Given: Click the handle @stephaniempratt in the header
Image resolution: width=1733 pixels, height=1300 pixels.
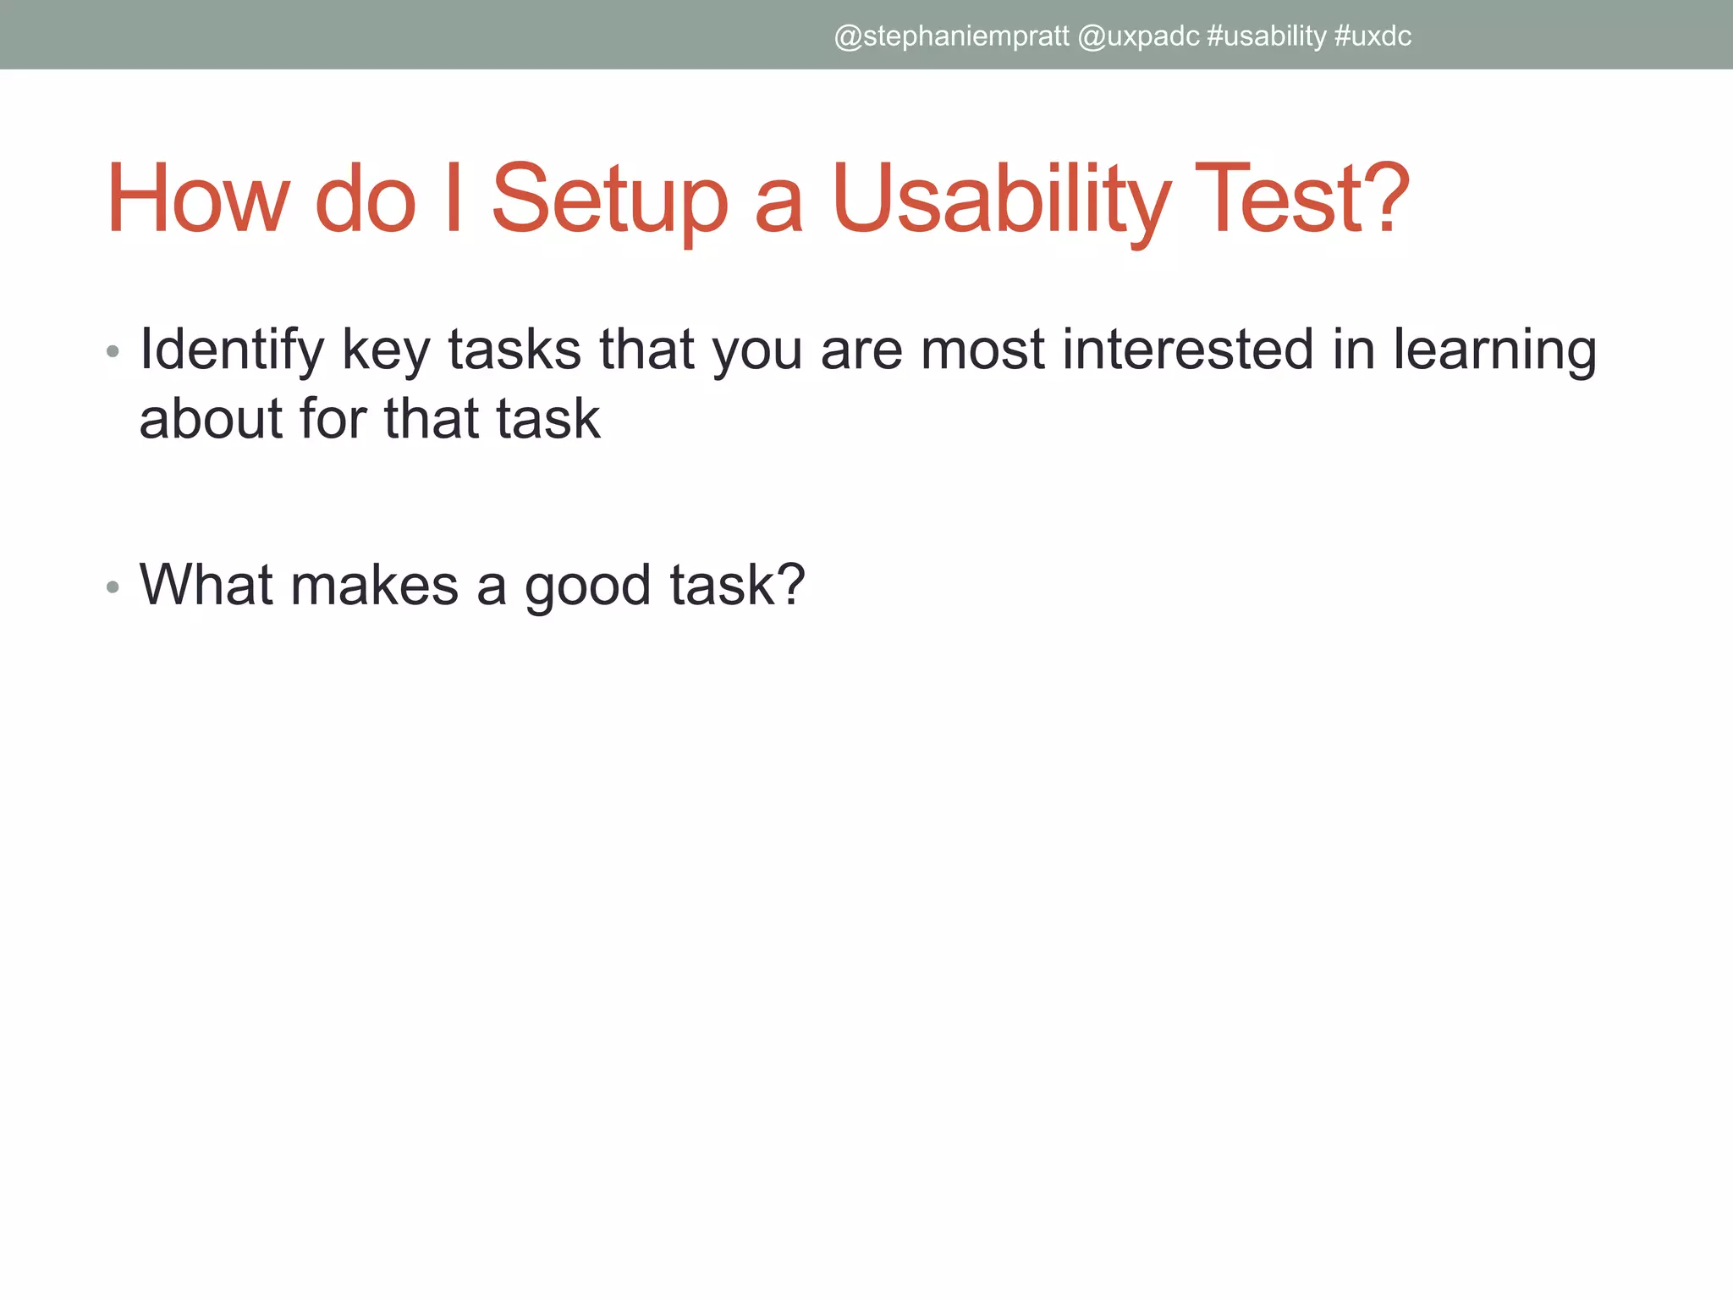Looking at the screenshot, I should pos(951,36).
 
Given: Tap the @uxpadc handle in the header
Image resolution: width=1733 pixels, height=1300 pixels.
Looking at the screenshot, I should pos(1138,36).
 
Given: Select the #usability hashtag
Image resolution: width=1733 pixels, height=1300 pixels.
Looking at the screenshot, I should pos(1267,36).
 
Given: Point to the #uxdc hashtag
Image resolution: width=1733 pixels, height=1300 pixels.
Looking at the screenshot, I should pos(1373,36).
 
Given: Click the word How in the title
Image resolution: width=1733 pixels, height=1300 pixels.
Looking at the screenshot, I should pos(197,200).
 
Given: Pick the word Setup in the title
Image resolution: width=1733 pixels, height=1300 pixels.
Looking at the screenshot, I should pos(609,200).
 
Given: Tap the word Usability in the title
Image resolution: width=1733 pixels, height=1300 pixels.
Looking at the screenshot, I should pos(1000,200).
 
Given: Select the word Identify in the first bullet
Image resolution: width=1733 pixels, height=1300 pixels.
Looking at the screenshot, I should pos(232,350).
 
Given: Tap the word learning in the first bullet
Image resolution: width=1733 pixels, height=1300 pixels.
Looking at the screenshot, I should pos(1494,350).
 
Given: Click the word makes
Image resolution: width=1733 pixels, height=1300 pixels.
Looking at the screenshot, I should pos(374,585).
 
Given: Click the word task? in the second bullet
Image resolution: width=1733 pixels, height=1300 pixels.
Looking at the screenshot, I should pos(737,585).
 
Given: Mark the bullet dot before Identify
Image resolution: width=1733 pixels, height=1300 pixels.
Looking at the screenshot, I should pos(113,351).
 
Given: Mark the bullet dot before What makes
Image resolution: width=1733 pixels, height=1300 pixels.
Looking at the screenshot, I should pos(113,587).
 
